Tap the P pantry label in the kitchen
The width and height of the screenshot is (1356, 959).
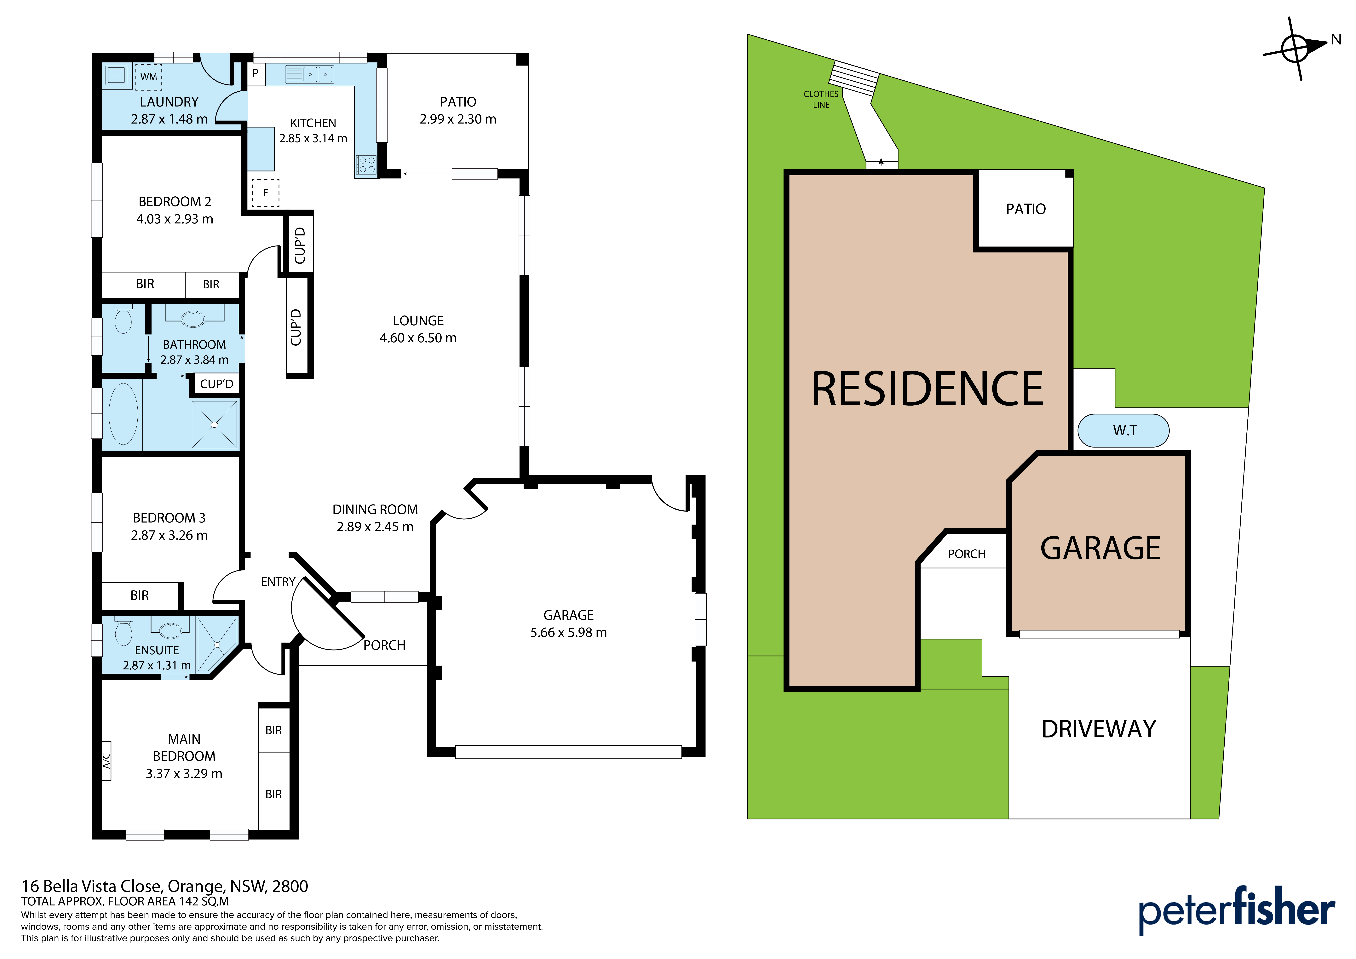point(255,73)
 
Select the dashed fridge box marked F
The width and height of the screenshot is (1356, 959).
point(266,193)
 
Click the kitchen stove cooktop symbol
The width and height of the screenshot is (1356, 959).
point(366,165)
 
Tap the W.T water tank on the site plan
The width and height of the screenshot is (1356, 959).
point(1123,430)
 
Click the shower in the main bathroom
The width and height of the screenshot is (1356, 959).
point(214,424)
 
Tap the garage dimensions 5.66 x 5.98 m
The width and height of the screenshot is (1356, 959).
point(568,632)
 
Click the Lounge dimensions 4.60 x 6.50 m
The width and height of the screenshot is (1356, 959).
point(418,338)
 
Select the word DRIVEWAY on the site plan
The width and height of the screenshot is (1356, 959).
point(1099,729)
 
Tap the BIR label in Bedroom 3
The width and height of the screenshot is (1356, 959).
point(139,596)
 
